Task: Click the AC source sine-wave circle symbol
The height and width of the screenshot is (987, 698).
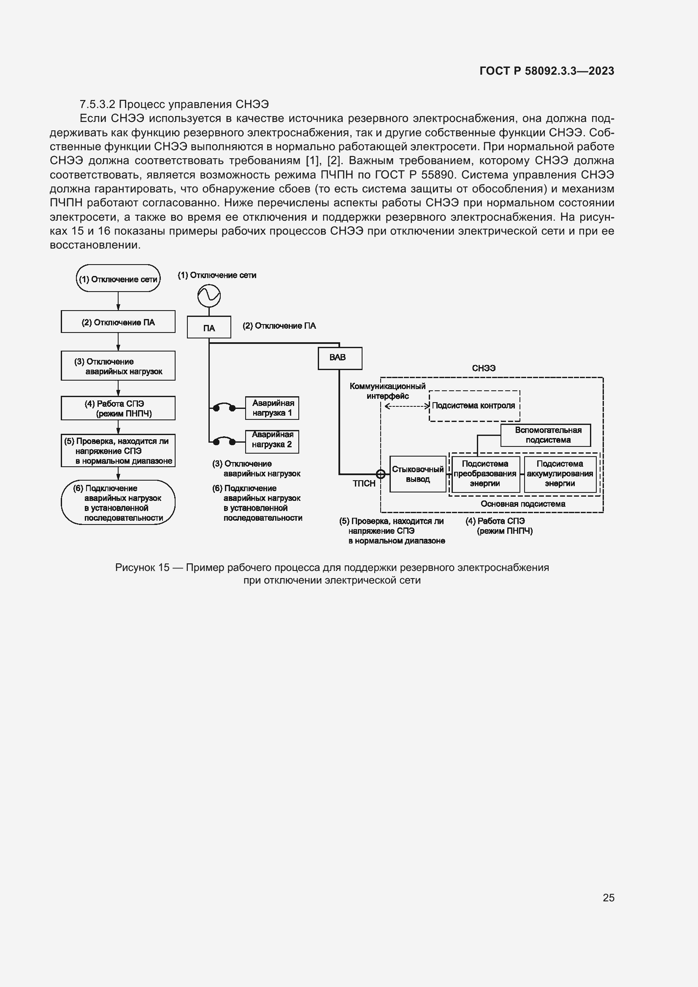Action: tap(209, 296)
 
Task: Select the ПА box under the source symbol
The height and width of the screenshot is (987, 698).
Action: tap(209, 328)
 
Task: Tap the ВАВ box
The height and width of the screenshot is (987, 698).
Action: tap(340, 358)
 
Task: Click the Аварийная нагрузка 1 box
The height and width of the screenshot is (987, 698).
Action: tap(272, 408)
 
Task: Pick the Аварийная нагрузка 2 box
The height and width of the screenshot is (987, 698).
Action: tap(272, 441)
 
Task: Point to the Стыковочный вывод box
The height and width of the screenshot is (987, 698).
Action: tap(417, 474)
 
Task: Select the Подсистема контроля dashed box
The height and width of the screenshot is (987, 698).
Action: tap(474, 406)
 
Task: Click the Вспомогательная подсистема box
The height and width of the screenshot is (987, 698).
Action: tap(545, 435)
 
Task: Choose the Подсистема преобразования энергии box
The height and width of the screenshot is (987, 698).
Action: tap(485, 474)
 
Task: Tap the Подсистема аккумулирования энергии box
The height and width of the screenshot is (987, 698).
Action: tap(560, 474)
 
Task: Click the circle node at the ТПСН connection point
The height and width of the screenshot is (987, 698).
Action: tap(380, 474)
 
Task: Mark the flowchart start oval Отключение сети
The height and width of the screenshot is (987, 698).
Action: tap(118, 279)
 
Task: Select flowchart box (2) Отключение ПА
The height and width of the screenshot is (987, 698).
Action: tap(118, 322)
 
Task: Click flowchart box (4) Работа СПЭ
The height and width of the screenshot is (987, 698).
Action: tap(118, 408)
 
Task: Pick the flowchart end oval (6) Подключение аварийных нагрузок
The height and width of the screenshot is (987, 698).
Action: tap(118, 502)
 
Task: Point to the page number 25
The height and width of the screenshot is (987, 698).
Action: tap(608, 898)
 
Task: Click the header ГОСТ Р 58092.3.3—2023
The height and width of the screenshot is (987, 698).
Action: tap(546, 71)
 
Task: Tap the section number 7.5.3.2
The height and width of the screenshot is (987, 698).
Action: tap(97, 105)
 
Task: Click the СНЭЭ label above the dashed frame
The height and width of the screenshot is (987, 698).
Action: tap(484, 368)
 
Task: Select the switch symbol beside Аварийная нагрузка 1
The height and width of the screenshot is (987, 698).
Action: tap(224, 408)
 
